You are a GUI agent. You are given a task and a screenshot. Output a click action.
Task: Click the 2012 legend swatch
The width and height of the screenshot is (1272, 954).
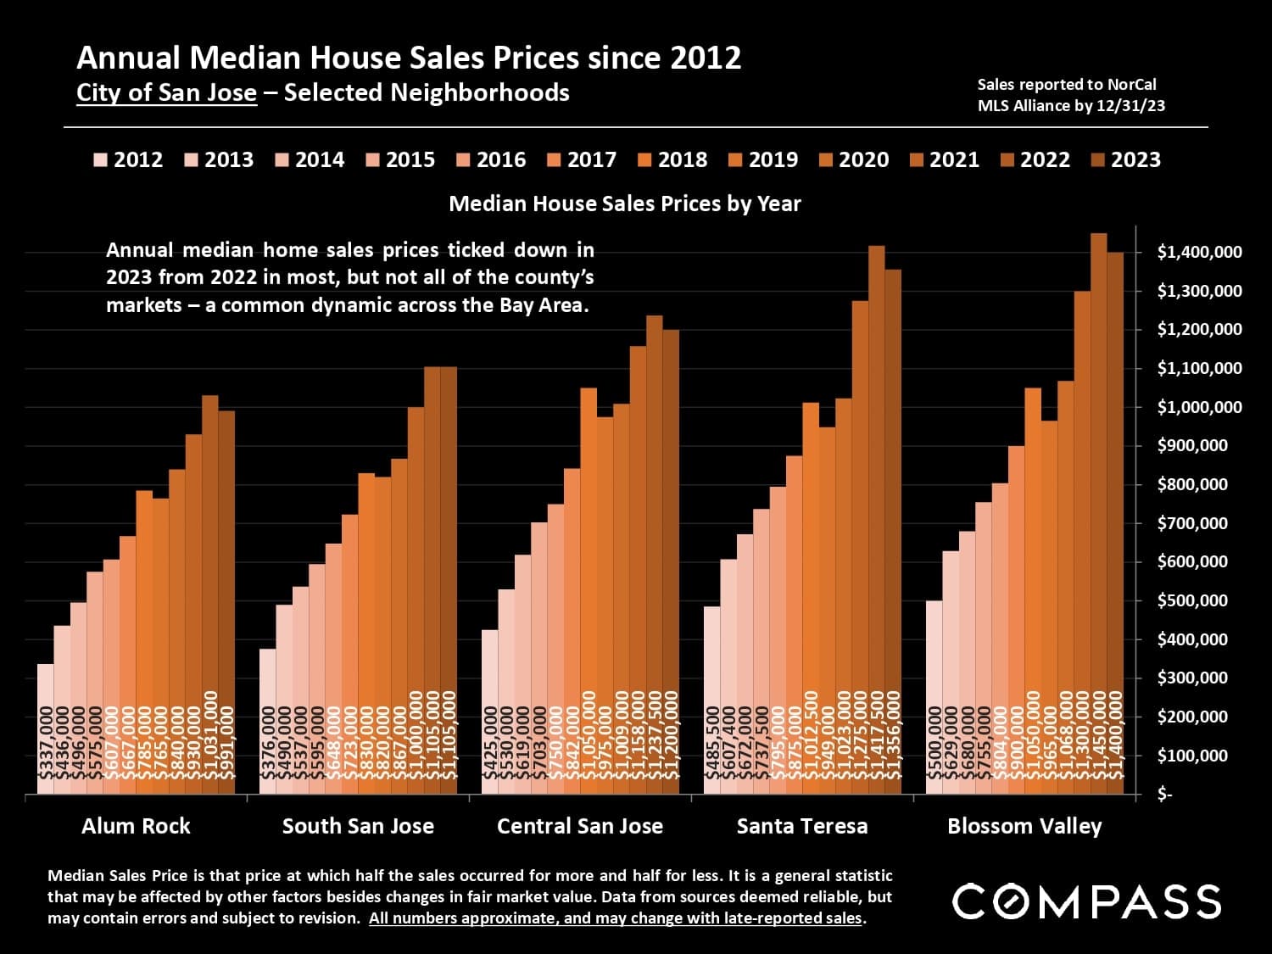pos(101,160)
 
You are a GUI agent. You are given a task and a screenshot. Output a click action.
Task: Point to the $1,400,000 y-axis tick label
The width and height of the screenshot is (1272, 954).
pos(1199,253)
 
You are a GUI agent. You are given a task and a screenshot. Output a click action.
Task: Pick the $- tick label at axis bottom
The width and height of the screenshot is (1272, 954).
pos(1165,795)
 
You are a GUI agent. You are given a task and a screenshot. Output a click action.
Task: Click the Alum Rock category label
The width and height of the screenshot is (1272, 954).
pos(136,826)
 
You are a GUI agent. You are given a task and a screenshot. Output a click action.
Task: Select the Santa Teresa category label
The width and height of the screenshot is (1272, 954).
pos(801,826)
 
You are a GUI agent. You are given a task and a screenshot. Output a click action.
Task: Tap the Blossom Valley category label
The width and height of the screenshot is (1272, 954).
pos(1024,826)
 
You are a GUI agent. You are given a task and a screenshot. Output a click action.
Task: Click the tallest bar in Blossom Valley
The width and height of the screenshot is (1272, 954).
pos(1098,509)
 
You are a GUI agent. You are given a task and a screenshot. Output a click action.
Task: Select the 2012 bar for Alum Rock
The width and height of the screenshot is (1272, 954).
pos(45,729)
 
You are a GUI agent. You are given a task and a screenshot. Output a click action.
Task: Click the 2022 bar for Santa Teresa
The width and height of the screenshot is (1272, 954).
pos(877,509)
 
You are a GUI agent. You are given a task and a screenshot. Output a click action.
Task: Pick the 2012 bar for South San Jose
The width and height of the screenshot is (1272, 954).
pos(267,721)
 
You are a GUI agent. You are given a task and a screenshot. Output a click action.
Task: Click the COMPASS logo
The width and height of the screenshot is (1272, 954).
pos(1086,901)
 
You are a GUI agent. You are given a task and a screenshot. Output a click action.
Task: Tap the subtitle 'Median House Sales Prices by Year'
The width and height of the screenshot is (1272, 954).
pos(624,204)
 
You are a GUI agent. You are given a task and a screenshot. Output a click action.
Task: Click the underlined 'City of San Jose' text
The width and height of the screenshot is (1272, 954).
pos(166,92)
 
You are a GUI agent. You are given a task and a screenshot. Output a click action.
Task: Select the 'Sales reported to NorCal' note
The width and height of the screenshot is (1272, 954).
pos(1066,85)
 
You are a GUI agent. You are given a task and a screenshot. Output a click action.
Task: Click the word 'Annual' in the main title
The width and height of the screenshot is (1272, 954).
pos(128,58)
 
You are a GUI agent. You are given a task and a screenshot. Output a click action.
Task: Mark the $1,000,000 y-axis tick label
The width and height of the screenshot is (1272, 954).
pos(1199,408)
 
